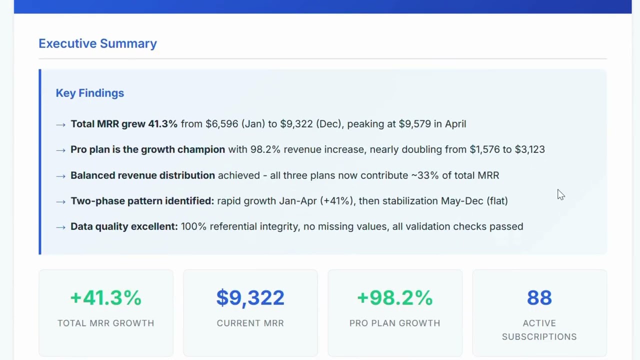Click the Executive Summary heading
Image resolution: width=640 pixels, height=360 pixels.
[x=97, y=43]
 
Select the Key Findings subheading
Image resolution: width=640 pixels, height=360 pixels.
[x=89, y=93]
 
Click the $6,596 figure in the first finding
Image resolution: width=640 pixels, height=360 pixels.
[x=221, y=124]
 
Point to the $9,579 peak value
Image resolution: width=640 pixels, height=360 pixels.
[x=414, y=124]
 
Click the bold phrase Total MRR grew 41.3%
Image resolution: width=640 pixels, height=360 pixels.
[x=124, y=124]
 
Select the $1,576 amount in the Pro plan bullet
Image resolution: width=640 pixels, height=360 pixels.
[x=484, y=149]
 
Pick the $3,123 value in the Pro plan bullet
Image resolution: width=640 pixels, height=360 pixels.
[x=530, y=149]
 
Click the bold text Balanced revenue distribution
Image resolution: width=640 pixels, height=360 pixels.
[x=142, y=175]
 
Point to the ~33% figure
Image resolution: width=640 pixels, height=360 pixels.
[x=424, y=175]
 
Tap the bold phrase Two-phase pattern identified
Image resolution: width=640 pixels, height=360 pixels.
[x=142, y=201]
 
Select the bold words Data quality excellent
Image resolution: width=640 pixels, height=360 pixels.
[x=124, y=226]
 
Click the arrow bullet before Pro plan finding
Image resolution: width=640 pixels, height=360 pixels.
[x=60, y=150]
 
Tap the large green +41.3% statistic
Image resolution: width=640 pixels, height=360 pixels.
[x=106, y=297]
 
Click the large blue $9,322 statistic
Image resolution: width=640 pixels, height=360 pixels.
[x=250, y=297]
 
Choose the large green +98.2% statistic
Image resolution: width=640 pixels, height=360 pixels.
[x=394, y=297]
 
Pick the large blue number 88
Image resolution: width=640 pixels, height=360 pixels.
[x=539, y=297]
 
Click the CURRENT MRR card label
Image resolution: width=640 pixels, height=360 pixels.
[x=250, y=323]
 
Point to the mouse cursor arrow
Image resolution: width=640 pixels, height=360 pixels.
[x=560, y=194]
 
